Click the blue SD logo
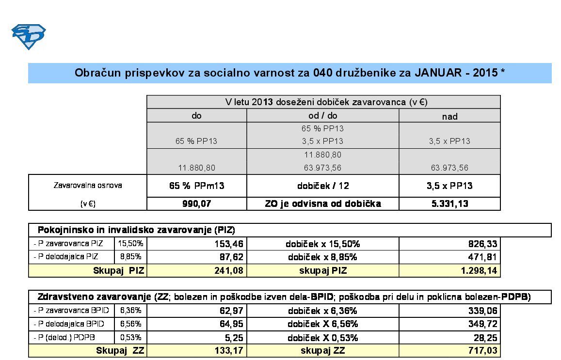29,37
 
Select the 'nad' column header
449,116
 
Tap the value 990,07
196,204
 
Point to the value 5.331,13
449,204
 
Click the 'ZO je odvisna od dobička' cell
322,204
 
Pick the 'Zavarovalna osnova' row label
87,186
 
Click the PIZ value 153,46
228,244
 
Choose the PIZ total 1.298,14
479,270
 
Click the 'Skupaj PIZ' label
118,270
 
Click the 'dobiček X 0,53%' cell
322,337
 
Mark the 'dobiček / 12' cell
322,186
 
